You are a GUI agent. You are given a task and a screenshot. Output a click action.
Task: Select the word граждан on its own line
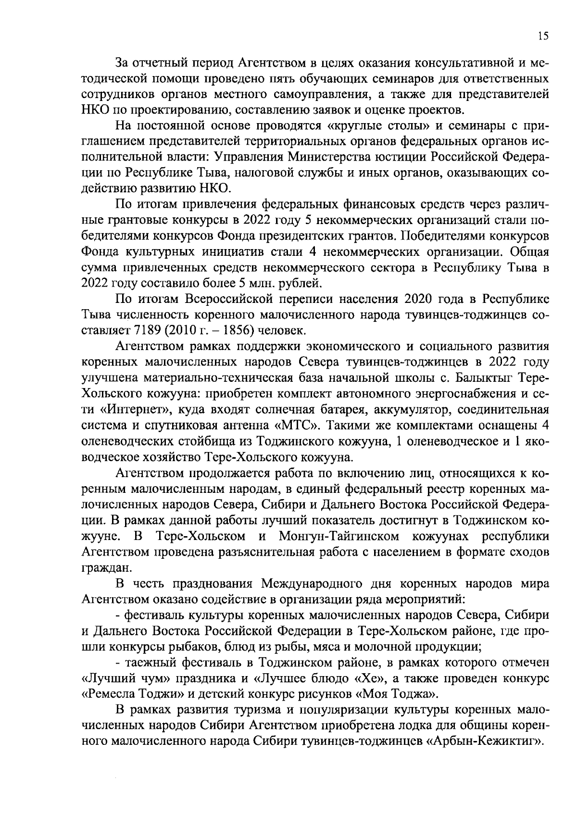(100, 567)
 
